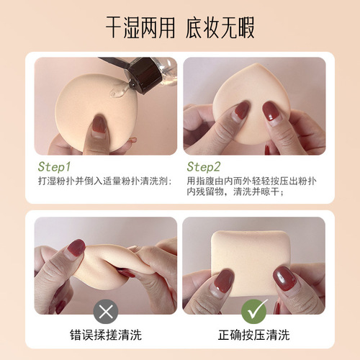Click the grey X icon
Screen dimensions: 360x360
(x=106, y=311)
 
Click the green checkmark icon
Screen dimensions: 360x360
(x=254, y=311)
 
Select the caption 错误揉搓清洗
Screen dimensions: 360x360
(x=105, y=336)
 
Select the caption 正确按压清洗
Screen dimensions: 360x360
(x=254, y=336)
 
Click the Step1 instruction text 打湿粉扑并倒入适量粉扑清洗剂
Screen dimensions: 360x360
(x=104, y=181)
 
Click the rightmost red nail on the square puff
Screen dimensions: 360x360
(x=283, y=276)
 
